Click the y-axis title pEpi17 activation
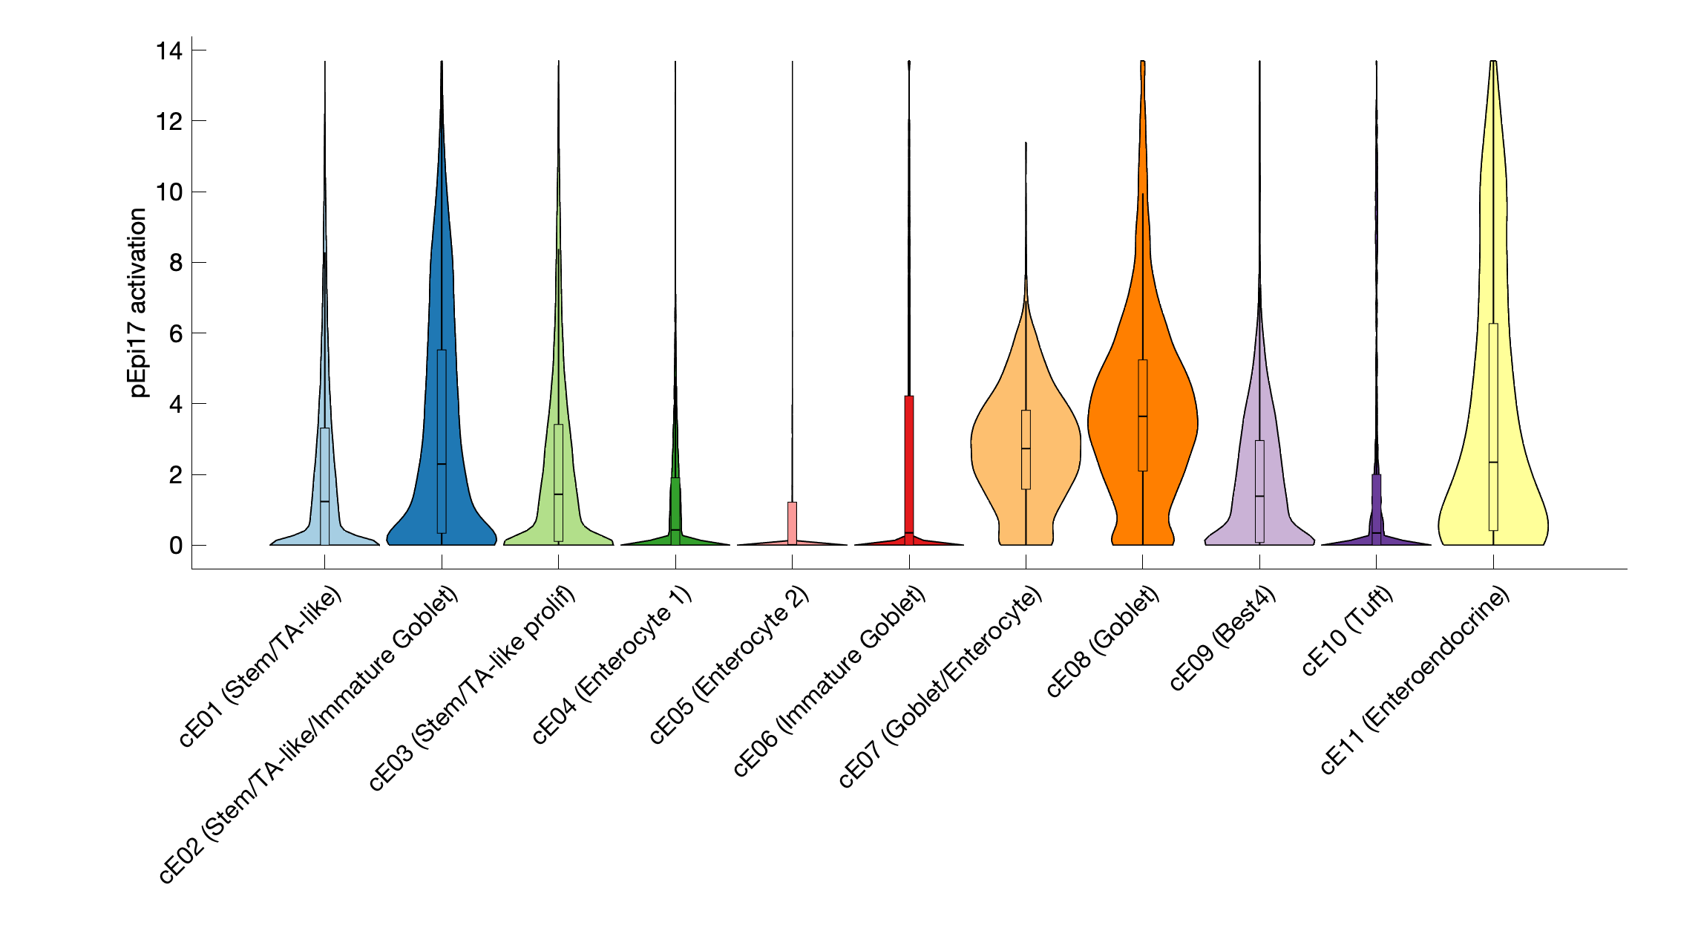[138, 302]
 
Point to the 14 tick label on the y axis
[169, 50]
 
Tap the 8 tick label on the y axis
[175, 263]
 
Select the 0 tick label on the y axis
[175, 546]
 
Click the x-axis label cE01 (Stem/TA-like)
[260, 666]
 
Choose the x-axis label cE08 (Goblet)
[1103, 641]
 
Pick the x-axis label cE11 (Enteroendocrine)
[1415, 680]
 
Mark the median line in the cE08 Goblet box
[1143, 416]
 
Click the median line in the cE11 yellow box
[1493, 463]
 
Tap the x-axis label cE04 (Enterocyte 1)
[612, 664]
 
